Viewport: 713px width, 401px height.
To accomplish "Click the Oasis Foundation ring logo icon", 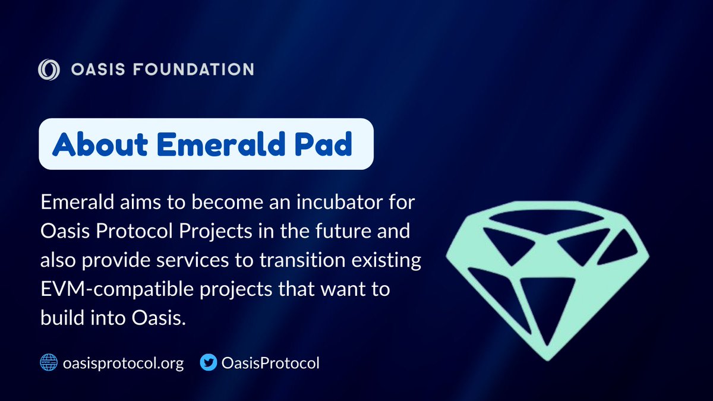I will (x=49, y=70).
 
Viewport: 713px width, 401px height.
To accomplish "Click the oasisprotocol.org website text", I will (x=123, y=362).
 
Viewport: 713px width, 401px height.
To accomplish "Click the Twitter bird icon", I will (x=208, y=362).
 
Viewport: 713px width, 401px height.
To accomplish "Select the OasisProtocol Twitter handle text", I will (x=270, y=362).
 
